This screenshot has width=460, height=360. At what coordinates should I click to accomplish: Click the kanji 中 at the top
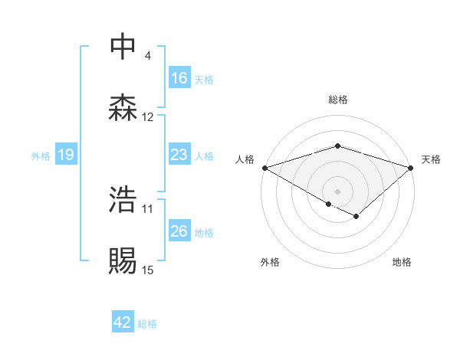pyautogui.click(x=123, y=46)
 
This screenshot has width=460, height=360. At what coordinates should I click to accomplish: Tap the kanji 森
pyautogui.click(x=123, y=108)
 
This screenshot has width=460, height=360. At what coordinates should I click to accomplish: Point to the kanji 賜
pyautogui.click(x=123, y=260)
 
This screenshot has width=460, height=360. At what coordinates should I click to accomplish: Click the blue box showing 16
pyautogui.click(x=179, y=78)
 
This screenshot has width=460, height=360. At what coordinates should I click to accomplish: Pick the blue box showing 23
pyautogui.click(x=179, y=155)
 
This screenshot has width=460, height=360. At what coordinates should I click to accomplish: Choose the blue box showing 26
pyautogui.click(x=179, y=232)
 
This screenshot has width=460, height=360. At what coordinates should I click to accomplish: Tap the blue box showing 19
pyautogui.click(x=66, y=155)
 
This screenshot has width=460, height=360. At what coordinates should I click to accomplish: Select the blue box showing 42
pyautogui.click(x=123, y=322)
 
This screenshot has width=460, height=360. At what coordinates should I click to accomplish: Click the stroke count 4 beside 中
pyautogui.click(x=148, y=55)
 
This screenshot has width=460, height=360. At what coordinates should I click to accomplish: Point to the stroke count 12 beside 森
pyautogui.click(x=148, y=117)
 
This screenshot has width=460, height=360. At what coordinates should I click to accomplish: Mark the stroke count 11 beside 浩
pyautogui.click(x=148, y=208)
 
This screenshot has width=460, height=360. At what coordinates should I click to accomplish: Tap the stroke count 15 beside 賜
pyautogui.click(x=148, y=270)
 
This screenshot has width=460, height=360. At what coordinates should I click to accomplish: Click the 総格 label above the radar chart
pyautogui.click(x=338, y=100)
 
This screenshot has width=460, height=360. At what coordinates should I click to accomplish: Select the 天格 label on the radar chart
pyautogui.click(x=432, y=159)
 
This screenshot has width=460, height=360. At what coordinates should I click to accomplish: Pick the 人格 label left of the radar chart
pyautogui.click(x=245, y=159)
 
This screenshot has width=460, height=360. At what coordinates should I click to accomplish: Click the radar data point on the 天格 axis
pyautogui.click(x=412, y=167)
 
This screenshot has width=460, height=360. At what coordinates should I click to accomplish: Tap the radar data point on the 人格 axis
pyautogui.click(x=264, y=167)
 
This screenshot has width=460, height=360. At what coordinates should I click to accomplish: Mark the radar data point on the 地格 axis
pyautogui.click(x=356, y=217)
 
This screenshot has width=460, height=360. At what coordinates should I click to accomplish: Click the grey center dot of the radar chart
pyautogui.click(x=338, y=191)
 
